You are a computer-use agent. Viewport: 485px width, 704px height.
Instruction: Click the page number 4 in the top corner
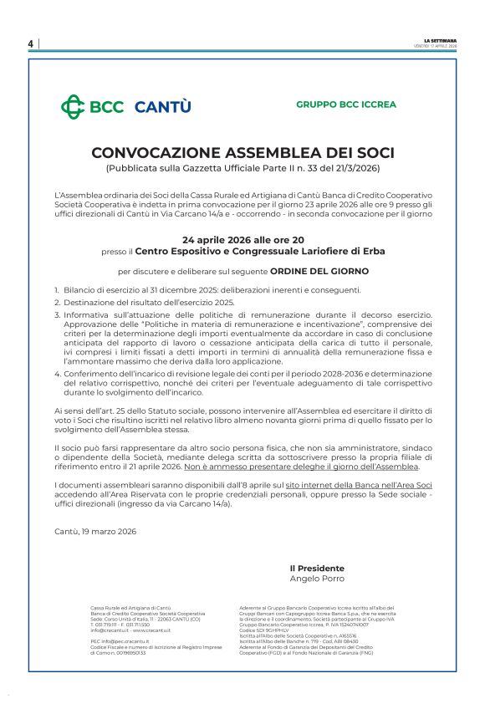[x=30, y=43]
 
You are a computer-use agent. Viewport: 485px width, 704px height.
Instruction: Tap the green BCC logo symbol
[x=73, y=106]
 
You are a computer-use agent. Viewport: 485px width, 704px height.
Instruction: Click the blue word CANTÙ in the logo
[x=163, y=106]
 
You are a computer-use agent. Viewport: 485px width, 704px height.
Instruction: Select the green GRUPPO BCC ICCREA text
[x=346, y=105]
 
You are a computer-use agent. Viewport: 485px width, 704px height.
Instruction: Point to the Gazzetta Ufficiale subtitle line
[x=242, y=169]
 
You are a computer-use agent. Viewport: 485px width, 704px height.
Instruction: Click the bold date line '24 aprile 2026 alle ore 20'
[x=242, y=239]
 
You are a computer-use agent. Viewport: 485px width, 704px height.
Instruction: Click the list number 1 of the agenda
[x=57, y=289]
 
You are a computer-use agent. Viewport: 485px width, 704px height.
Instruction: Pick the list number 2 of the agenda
[x=57, y=302]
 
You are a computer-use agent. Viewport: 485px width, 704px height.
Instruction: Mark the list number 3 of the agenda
[x=57, y=314]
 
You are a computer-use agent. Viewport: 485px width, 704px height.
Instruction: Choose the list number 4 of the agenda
[x=57, y=374]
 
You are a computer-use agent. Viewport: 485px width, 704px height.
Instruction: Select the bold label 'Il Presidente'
[x=317, y=569]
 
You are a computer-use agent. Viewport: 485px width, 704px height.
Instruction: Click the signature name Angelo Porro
[x=317, y=579]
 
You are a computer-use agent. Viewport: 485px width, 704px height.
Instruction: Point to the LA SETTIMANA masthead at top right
[x=441, y=40]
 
